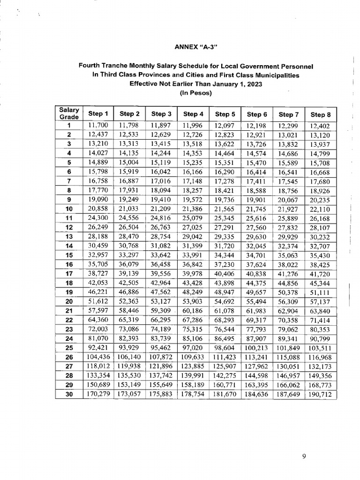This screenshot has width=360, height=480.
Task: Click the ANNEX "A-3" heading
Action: click(x=196, y=47)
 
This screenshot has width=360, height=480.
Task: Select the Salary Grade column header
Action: click(x=68, y=113)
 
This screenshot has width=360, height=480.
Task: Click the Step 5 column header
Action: click(x=225, y=113)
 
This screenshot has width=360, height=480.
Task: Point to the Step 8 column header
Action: click(x=321, y=113)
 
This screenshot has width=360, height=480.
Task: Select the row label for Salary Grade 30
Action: click(x=68, y=393)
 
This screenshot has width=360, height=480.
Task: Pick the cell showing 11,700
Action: click(x=98, y=125)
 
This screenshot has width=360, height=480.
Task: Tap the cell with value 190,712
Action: click(x=321, y=393)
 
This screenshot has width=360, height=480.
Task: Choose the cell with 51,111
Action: click(x=321, y=293)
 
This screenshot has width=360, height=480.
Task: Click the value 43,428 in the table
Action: click(x=193, y=284)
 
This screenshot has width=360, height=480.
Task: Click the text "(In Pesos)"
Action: click(x=196, y=93)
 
